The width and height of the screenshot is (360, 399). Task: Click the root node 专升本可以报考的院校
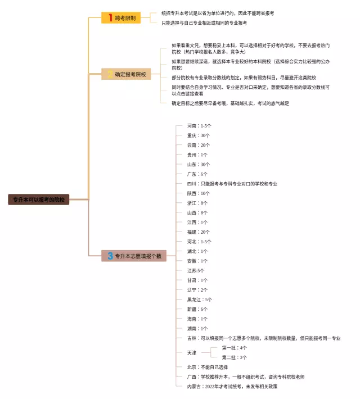[39, 199]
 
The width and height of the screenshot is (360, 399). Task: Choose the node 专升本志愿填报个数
[134, 256]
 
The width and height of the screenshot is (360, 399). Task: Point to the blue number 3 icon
[110, 256]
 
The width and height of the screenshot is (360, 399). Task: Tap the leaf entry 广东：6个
[197, 174]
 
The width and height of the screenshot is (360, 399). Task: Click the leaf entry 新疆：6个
[197, 309]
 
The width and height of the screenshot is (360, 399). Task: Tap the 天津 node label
[192, 352]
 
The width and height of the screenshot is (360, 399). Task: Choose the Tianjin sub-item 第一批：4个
[234, 348]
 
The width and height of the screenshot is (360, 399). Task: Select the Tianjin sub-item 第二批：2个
[234, 357]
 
